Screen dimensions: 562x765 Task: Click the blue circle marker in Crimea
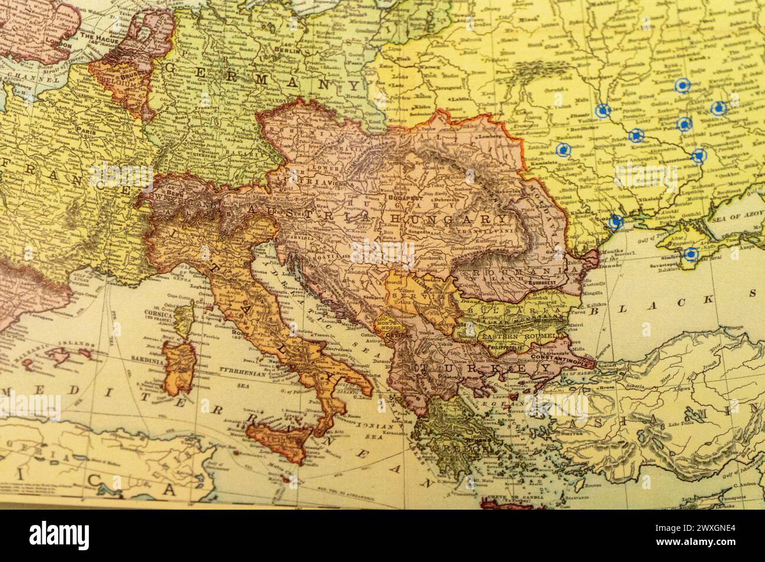click(690, 254)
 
